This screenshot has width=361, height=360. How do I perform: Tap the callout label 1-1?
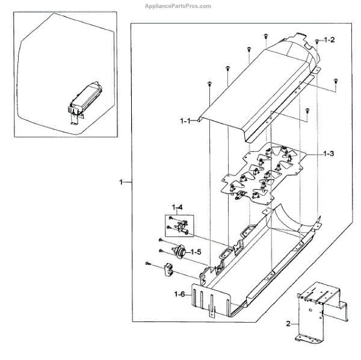tap(185, 121)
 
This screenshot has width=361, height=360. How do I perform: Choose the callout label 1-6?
tap(180, 294)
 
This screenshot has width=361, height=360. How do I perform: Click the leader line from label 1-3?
tap(310, 155)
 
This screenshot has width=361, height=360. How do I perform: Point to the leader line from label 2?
tap(297, 324)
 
